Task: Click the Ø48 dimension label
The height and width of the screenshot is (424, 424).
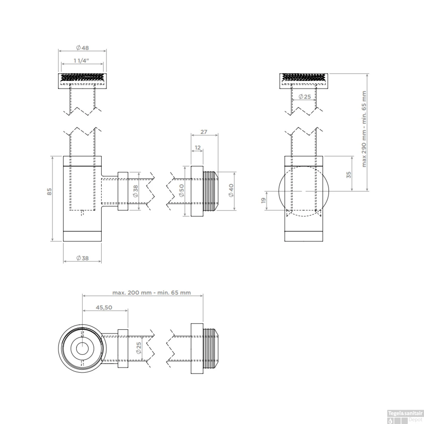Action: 82,48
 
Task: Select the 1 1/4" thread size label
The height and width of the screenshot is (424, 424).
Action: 81,61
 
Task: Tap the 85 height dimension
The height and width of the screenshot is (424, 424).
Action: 50,192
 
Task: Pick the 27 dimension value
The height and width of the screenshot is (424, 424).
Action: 204,132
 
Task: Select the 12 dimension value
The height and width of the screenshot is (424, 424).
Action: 197,148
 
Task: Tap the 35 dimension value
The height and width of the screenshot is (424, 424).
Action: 349,175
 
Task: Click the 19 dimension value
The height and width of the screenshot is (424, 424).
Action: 263,200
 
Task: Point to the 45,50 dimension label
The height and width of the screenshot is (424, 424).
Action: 104,308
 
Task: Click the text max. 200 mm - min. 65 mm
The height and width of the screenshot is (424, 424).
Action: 152,293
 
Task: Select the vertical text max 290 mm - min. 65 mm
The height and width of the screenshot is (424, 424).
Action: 364,129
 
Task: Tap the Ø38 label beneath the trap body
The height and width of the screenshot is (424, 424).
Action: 82,258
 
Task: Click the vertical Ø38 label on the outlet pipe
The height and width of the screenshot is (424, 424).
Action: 136,192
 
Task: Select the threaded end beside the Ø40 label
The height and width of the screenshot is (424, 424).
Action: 211,191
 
